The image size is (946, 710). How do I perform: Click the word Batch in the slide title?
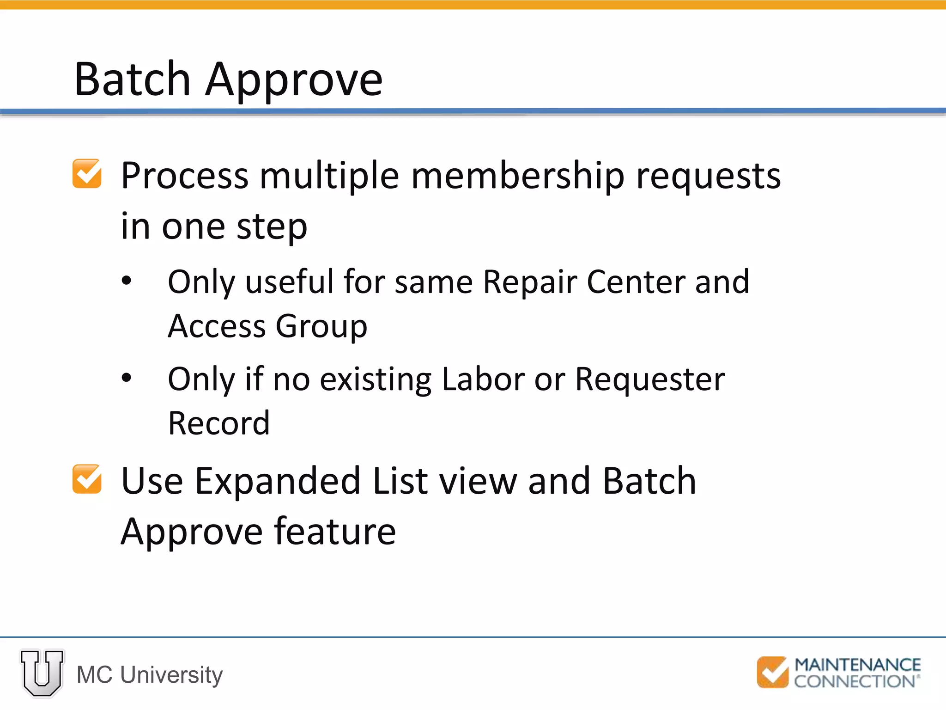pos(133,80)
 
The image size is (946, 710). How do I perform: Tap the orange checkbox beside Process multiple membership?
pos(87,174)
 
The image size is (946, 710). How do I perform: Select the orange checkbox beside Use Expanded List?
pos(87,479)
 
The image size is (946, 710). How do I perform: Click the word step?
pos(272,228)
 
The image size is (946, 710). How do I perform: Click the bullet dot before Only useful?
pos(127,281)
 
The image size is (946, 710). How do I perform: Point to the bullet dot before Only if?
pos(127,378)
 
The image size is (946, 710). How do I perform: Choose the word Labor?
pos(483,379)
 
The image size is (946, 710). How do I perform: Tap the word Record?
pos(219,423)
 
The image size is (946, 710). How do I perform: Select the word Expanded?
pos(277,482)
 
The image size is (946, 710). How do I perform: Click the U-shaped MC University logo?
pos(42,673)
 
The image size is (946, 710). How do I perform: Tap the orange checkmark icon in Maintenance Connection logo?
pos(772,672)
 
